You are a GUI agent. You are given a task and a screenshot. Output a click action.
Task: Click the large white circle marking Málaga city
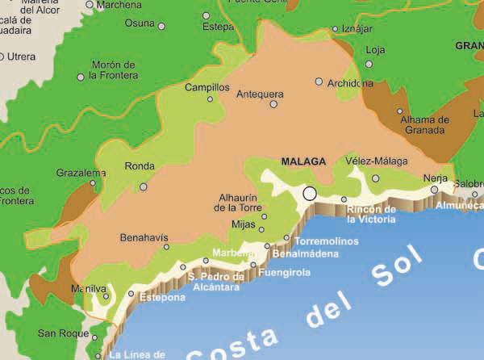tap(310, 194)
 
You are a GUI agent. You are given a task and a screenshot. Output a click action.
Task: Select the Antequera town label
tap(260, 94)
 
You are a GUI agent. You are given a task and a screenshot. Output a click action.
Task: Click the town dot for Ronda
tap(144, 186)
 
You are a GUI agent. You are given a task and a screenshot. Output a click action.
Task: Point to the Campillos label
tap(207, 87)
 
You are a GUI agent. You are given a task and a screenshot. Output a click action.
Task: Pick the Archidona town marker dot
tap(319, 82)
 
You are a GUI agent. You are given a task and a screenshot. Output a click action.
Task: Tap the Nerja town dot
tap(434, 190)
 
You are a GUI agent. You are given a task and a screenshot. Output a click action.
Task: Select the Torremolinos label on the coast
tap(325, 241)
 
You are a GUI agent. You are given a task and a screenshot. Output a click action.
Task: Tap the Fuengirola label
tap(284, 273)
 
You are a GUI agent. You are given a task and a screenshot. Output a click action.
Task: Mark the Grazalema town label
tap(81, 173)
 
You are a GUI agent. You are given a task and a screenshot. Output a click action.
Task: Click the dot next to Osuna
tap(161, 26)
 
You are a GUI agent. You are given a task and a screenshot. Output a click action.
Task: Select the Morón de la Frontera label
tap(114, 70)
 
